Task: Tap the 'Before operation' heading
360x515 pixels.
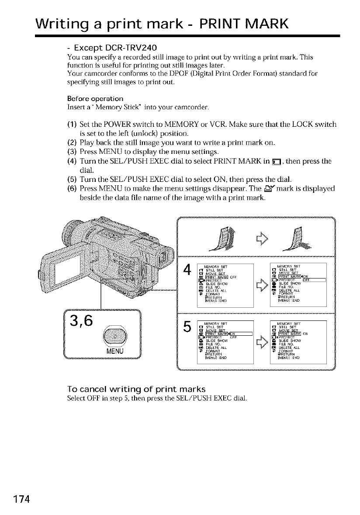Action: pos(89,98)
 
